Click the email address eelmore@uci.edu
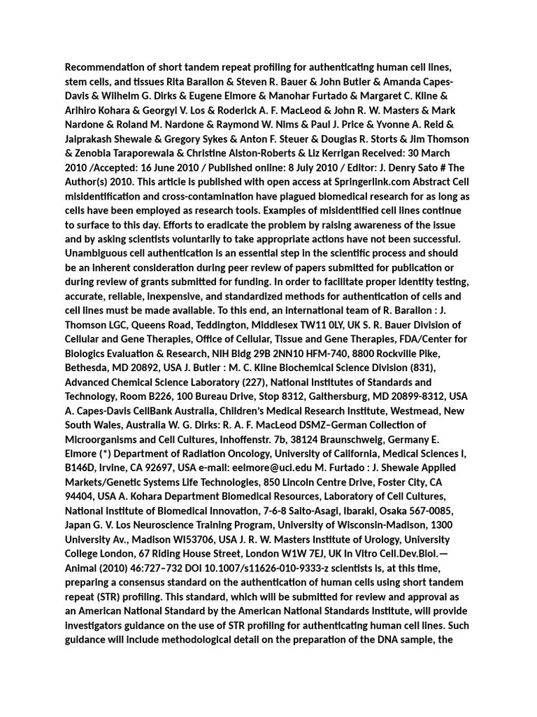point(268,468)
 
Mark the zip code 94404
point(81,496)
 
